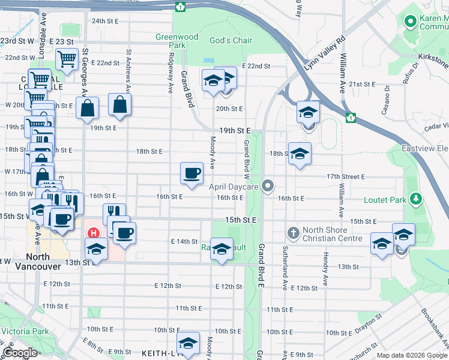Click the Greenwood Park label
pos(176,41)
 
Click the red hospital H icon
pos(93,232)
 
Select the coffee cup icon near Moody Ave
pos(192,173)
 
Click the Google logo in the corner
pos(20,352)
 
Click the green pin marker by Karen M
pos(411,23)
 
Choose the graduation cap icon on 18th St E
pos(300,154)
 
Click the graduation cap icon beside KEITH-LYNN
pos(188,344)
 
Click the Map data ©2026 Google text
pos(412,355)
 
